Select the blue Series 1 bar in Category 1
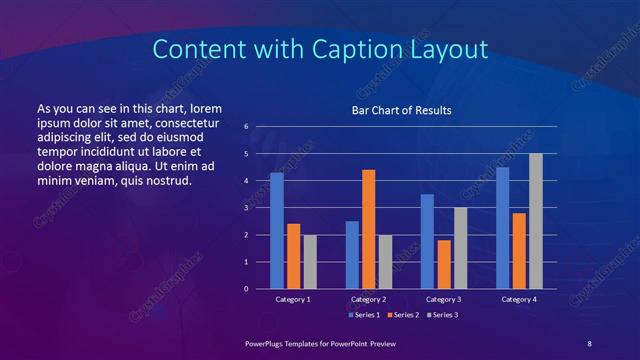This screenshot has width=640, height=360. tap(277, 231)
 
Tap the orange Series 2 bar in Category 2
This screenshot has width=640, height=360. tap(368, 229)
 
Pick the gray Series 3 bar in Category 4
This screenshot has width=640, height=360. tap(536, 221)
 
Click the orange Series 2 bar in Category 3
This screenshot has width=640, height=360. tap(444, 264)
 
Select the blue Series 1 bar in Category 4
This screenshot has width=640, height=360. tap(502, 228)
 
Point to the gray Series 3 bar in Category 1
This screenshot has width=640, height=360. tap(310, 262)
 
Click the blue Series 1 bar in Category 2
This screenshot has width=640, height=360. tap(352, 255)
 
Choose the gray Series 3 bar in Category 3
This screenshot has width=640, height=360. tap(460, 248)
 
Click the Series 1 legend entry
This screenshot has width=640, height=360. tap(363, 315)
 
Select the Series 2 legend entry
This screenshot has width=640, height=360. tap(401, 315)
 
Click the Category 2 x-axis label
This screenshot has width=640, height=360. tap(368, 299)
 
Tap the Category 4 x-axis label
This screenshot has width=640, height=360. tap(518, 299)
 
